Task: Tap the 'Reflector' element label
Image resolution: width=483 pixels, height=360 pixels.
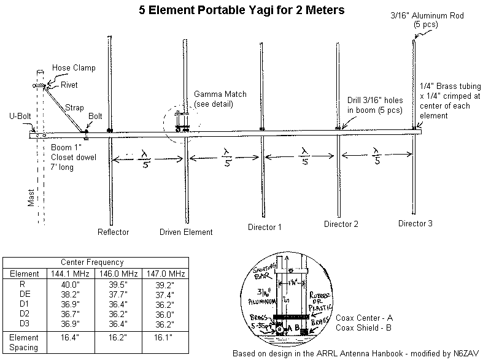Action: tap(113, 232)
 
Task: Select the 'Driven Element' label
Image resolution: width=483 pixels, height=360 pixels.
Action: tap(186, 232)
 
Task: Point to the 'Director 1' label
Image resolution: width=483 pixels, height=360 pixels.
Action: tap(265, 227)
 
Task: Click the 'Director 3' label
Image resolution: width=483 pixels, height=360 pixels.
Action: tap(415, 223)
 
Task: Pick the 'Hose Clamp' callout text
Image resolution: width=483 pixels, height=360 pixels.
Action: tap(74, 67)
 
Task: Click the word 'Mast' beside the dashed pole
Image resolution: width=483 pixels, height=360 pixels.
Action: tap(31, 197)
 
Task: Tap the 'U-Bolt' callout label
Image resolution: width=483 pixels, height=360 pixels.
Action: tap(20, 115)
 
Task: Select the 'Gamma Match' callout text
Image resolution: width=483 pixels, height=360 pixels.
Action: tap(220, 94)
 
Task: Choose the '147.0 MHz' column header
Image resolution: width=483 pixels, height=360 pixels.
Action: tap(164, 274)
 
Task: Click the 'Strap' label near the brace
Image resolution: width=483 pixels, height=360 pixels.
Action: tap(74, 108)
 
